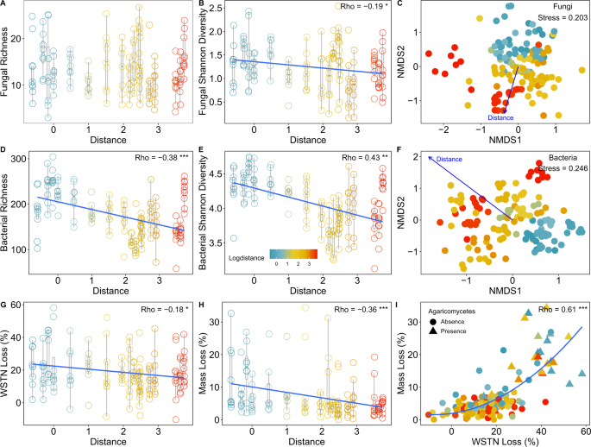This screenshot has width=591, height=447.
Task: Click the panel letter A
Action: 5,5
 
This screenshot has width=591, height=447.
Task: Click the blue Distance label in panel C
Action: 502,116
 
